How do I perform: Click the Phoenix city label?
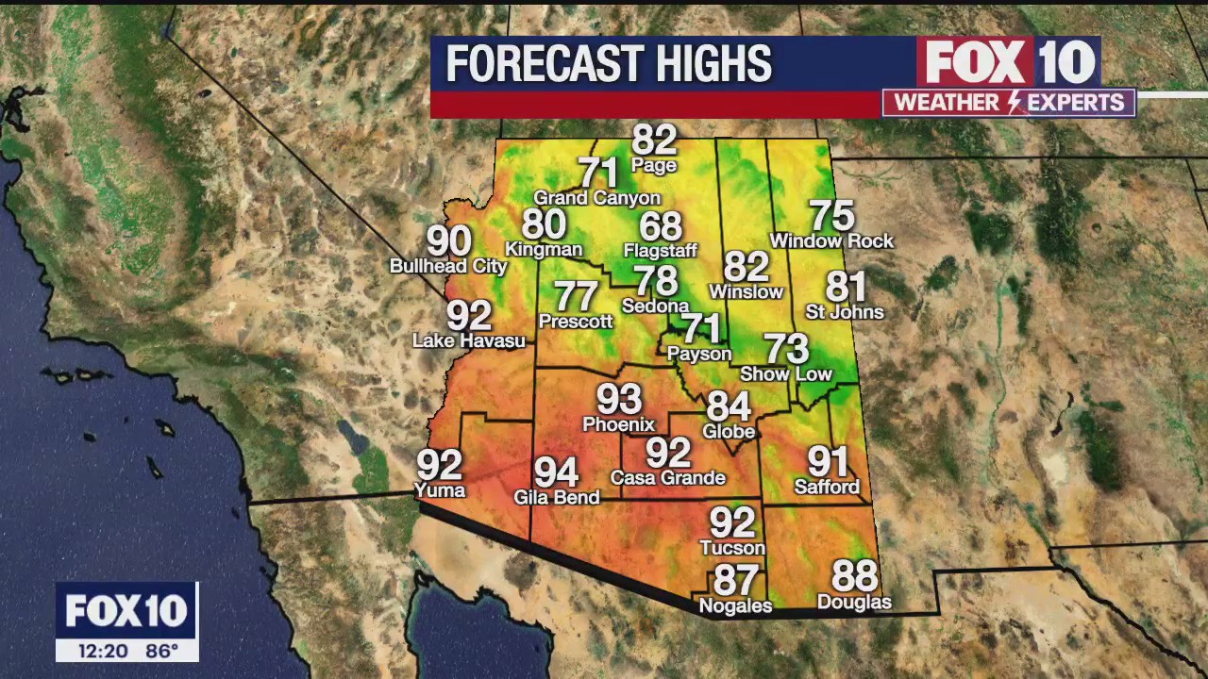[x=618, y=424]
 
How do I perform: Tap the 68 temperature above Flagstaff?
[x=660, y=226]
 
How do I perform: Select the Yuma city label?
[x=440, y=490]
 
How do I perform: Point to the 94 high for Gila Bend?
[x=556, y=472]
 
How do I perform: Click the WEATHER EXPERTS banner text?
[x=1009, y=103]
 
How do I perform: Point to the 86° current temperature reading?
[x=161, y=651]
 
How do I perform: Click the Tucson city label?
[x=732, y=548]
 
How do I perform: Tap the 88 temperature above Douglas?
[x=854, y=575]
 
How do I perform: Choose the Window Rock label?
[x=831, y=241]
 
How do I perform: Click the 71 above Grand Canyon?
[x=597, y=173]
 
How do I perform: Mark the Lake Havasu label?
[x=469, y=340]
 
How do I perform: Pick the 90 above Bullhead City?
[x=449, y=241]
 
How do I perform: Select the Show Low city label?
[x=786, y=374]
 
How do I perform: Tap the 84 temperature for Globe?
[x=729, y=406]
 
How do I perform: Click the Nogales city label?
[x=735, y=606]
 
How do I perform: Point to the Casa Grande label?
[x=667, y=478]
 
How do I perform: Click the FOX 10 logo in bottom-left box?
[x=126, y=611]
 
